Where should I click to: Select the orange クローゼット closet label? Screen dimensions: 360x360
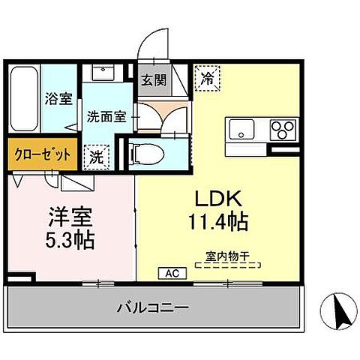(x=42, y=154)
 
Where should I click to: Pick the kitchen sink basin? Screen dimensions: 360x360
(x=244, y=130)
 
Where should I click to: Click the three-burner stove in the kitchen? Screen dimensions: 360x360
(x=283, y=130)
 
